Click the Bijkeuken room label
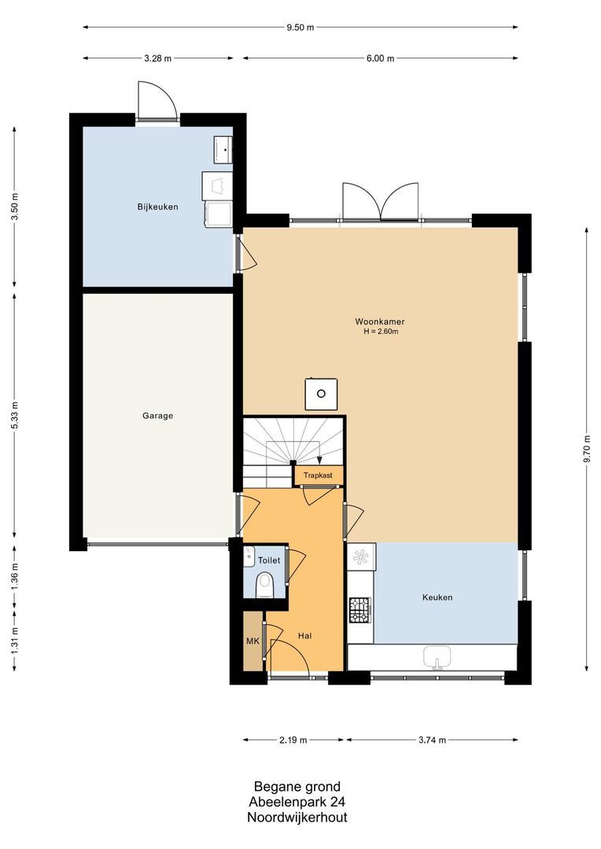(157, 207)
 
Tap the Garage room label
(157, 416)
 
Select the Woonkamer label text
(380, 322)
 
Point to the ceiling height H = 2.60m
(381, 332)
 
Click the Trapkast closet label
(318, 476)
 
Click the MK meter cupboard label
(253, 641)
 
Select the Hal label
(304, 636)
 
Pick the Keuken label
(437, 597)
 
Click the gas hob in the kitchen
(359, 610)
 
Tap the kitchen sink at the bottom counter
(438, 656)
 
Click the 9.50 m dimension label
(300, 27)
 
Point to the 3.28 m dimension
(157, 58)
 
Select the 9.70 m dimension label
(587, 449)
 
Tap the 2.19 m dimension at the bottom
(293, 740)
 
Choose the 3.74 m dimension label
(432, 740)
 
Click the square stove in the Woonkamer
(322, 394)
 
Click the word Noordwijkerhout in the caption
(297, 817)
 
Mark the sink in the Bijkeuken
(222, 149)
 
